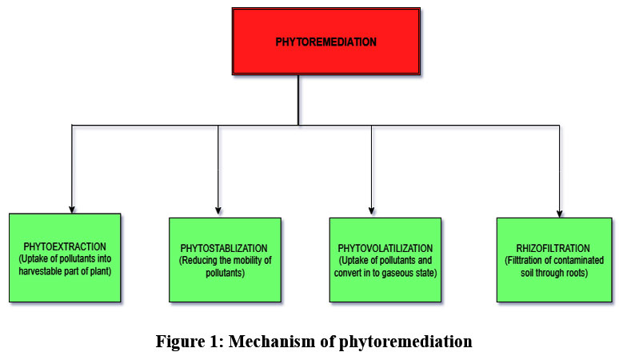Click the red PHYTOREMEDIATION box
click(325, 42)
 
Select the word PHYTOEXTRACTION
click(65, 246)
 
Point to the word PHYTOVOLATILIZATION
click(386, 249)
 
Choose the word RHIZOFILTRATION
click(554, 249)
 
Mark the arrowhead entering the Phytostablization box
click(218, 213)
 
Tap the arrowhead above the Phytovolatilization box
click(372, 213)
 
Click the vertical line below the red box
click(298, 100)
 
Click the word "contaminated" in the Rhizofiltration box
click(576, 261)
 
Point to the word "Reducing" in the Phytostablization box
click(202, 261)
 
